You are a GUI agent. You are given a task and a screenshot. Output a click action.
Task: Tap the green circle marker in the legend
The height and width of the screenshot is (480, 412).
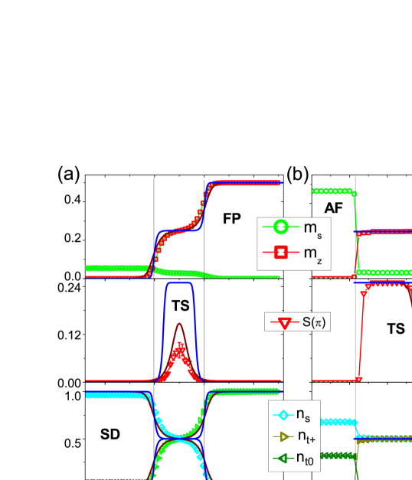coord(280,227)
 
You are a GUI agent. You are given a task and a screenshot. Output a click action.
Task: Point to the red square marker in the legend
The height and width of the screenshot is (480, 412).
coord(280,251)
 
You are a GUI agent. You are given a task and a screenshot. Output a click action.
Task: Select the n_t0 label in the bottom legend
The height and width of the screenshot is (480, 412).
coord(304,459)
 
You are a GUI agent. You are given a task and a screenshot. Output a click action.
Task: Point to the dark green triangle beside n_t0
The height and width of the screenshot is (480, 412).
coord(283,459)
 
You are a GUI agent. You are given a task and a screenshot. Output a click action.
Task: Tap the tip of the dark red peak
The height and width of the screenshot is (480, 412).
coord(180,324)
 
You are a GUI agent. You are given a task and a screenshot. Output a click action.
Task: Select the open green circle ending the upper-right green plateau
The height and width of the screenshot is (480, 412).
coord(353,191)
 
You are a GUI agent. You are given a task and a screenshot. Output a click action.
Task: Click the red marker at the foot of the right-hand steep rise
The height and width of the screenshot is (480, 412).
coord(358,378)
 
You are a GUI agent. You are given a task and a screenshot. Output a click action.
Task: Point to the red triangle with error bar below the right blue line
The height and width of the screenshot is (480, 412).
coord(368,291)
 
